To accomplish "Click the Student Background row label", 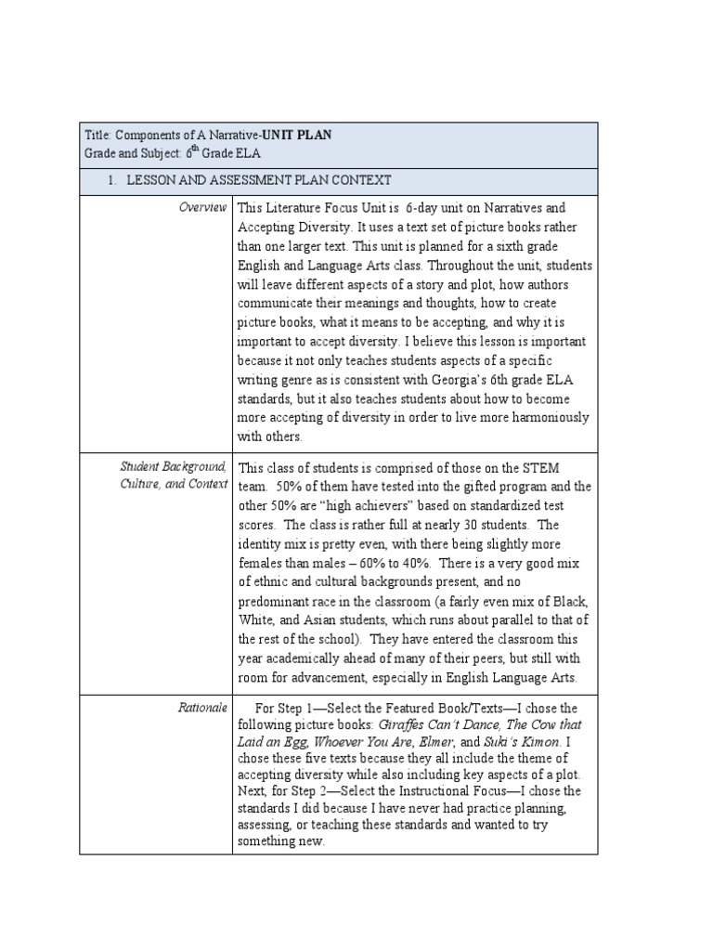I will (173, 466).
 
